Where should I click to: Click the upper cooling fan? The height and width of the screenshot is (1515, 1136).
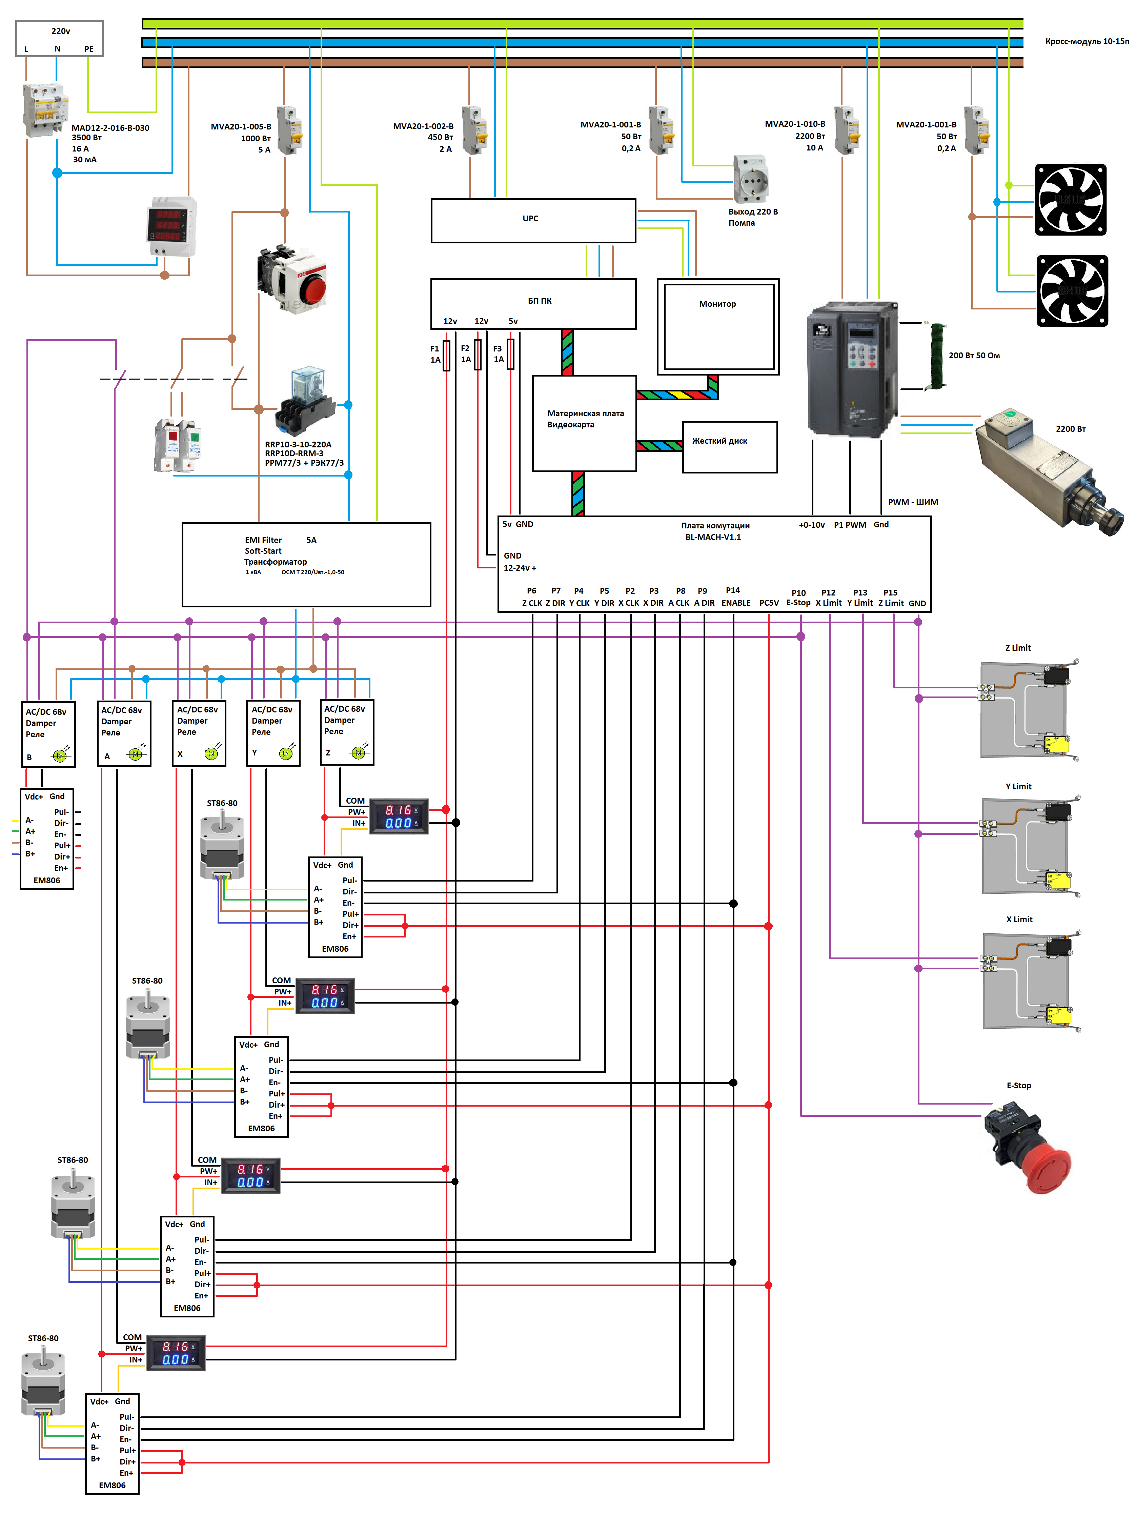pyautogui.click(x=1070, y=199)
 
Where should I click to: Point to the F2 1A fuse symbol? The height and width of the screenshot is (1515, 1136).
pyautogui.click(x=477, y=354)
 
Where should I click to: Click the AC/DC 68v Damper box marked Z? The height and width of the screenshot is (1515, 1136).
pyautogui.click(x=347, y=731)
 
